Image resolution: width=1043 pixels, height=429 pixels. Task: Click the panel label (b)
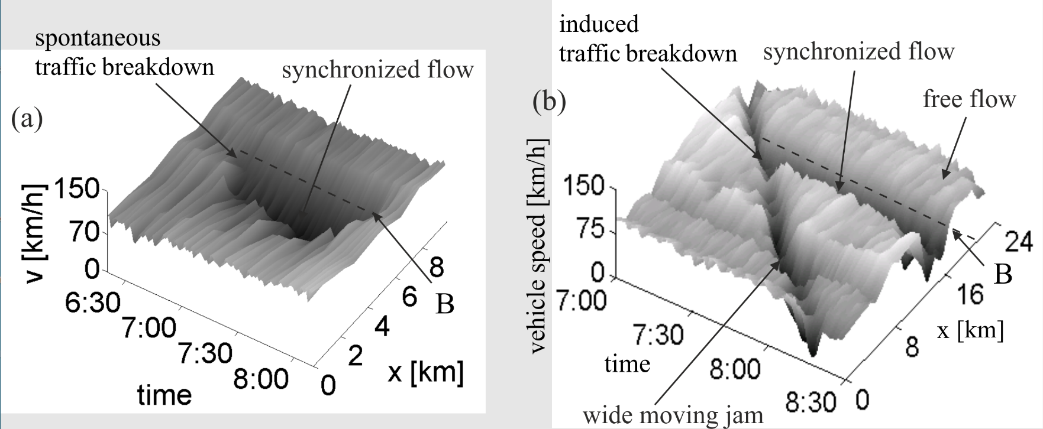(x=549, y=102)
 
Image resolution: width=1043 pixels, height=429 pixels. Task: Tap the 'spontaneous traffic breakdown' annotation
(x=124, y=53)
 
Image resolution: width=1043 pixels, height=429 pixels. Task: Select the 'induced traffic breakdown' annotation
(x=648, y=39)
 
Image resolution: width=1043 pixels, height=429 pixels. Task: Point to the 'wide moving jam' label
(x=673, y=415)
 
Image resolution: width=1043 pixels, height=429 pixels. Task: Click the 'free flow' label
(x=969, y=98)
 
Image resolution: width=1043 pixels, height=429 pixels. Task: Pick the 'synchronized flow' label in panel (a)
(x=377, y=70)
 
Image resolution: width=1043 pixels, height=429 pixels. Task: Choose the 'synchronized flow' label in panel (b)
(x=859, y=52)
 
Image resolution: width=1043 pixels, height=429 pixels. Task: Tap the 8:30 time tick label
(x=811, y=404)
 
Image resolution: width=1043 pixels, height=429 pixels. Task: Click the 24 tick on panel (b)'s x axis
(x=1018, y=242)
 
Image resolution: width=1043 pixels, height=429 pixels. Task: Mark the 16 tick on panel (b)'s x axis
(x=970, y=294)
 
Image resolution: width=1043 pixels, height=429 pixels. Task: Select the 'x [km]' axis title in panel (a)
(x=425, y=373)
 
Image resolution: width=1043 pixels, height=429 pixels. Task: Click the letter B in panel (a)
(x=445, y=304)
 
